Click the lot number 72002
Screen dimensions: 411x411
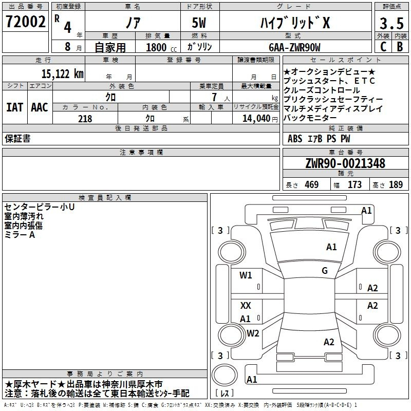click(x=25, y=22)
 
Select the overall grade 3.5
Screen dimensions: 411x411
click(x=391, y=23)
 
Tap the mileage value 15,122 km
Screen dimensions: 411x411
click(x=62, y=74)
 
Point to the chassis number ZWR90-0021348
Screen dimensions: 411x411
click(x=345, y=163)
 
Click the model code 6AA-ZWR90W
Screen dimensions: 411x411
click(x=294, y=47)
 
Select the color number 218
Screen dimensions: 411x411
click(x=85, y=119)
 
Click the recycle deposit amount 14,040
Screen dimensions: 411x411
click(x=256, y=119)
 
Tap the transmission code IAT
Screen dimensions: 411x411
click(x=14, y=107)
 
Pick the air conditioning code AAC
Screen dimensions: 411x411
click(x=40, y=107)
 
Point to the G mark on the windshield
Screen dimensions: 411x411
click(x=325, y=271)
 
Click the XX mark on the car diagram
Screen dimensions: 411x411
click(x=246, y=305)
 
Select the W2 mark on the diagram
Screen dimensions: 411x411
click(x=253, y=333)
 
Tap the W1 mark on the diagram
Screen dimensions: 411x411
click(x=246, y=275)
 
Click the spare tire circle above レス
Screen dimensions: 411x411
click(x=225, y=375)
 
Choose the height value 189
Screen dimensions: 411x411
click(x=396, y=184)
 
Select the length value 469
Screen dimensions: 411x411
click(x=312, y=184)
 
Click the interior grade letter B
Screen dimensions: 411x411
click(x=400, y=47)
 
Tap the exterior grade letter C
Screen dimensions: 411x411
click(x=383, y=47)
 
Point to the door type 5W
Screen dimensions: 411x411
click(x=199, y=23)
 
